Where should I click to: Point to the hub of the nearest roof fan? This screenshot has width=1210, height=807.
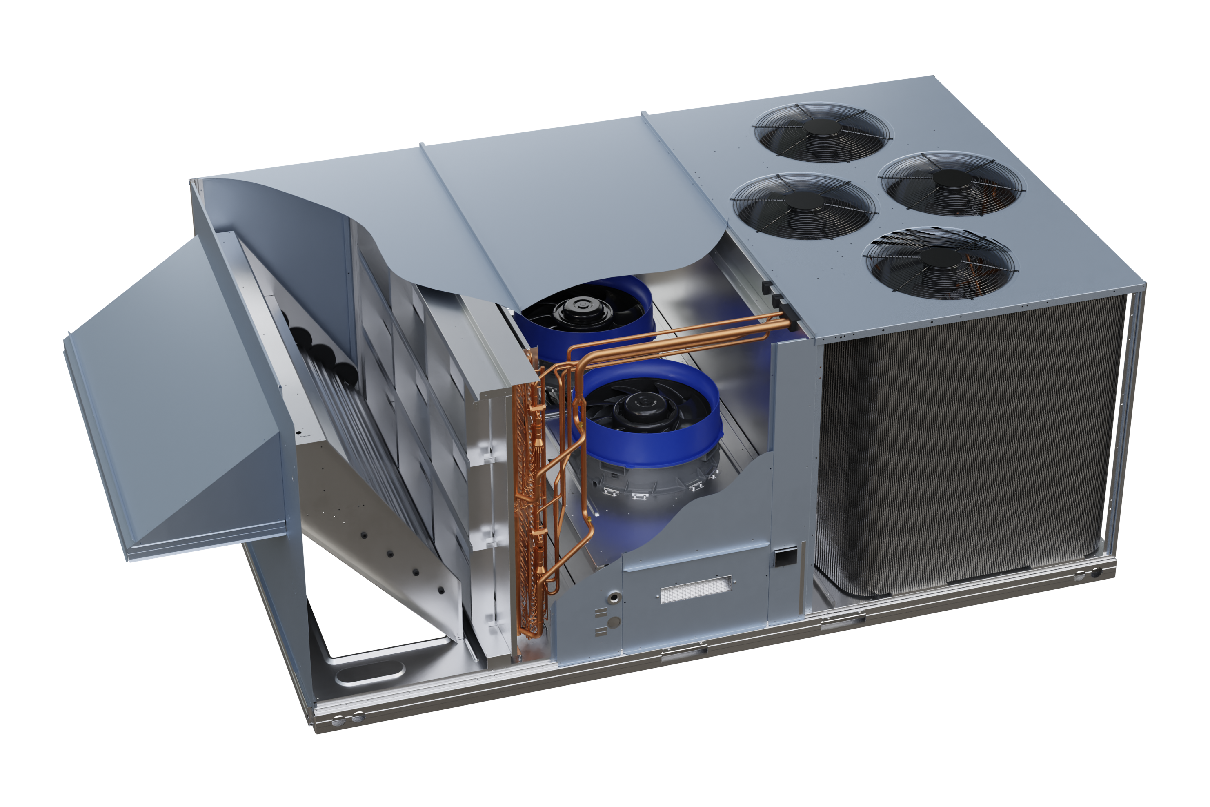pos(939,256)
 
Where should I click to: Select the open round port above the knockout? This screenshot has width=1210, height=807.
pos(614,597)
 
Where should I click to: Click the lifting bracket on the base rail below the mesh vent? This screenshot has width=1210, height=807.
pos(684,652)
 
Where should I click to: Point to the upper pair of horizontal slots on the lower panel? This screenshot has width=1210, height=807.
pos(601,612)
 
